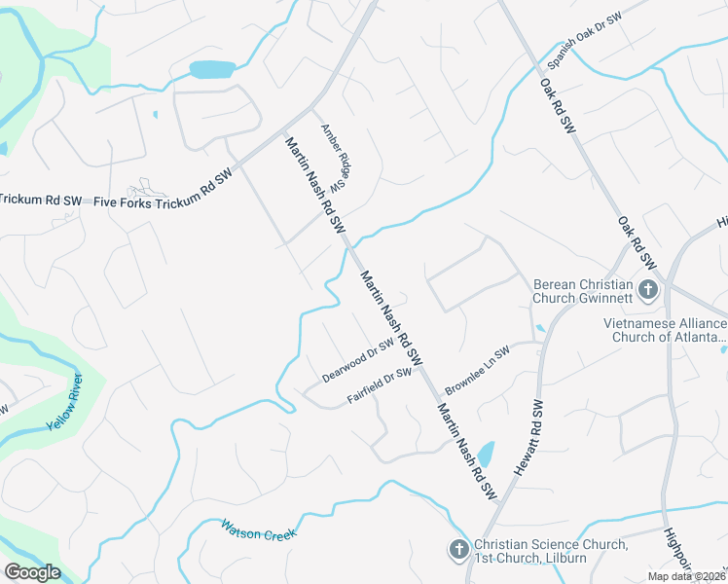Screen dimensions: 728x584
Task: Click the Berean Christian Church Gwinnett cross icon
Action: pyautogui.click(x=647, y=289)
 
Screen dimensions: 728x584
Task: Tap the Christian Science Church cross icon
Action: pyautogui.click(x=458, y=550)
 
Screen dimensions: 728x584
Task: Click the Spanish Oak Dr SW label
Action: pyautogui.click(x=584, y=41)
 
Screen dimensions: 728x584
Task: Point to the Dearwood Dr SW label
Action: pyautogui.click(x=358, y=359)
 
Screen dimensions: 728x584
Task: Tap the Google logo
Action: pyautogui.click(x=32, y=572)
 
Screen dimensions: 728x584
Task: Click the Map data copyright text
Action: pyautogui.click(x=686, y=576)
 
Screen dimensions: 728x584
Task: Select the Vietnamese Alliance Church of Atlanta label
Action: pyautogui.click(x=666, y=330)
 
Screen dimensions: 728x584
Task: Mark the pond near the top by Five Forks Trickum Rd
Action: pyautogui.click(x=212, y=70)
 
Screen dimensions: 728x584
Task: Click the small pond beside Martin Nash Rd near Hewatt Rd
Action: pyautogui.click(x=486, y=455)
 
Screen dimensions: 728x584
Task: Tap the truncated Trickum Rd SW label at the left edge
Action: pyautogui.click(x=40, y=201)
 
